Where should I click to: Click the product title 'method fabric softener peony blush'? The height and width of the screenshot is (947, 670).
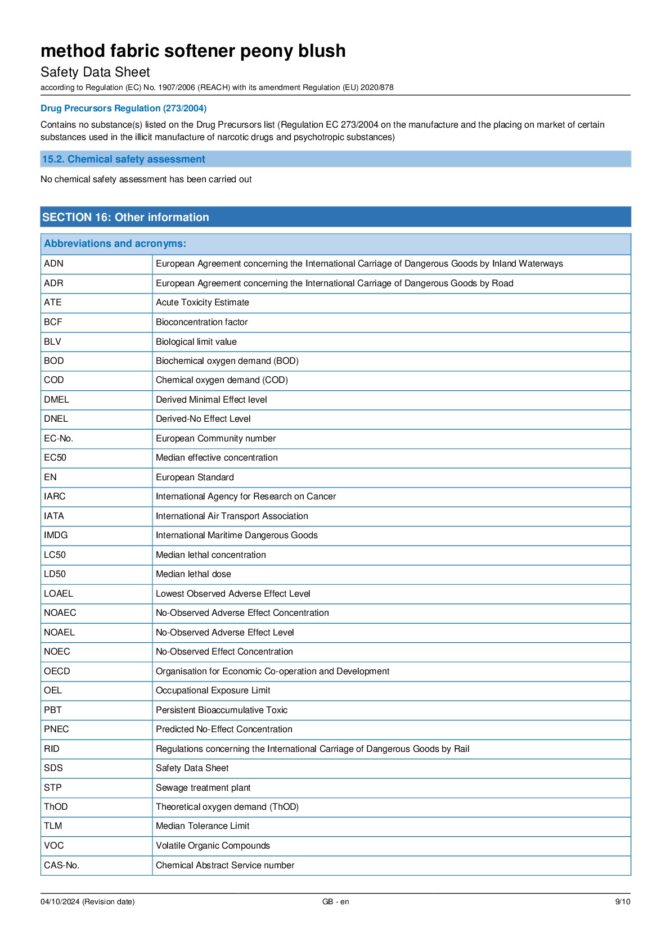pyautogui.click(x=193, y=51)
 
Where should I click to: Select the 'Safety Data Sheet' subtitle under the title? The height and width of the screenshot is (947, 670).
pyautogui.click(x=95, y=73)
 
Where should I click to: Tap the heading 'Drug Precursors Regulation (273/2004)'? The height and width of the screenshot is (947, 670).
pyautogui.click(x=123, y=109)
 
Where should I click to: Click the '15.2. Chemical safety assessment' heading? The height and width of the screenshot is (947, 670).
pyautogui.click(x=124, y=159)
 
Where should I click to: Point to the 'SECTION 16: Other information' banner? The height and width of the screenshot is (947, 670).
pyautogui.click(x=125, y=217)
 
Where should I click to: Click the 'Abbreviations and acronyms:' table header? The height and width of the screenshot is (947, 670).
pyautogui.click(x=115, y=243)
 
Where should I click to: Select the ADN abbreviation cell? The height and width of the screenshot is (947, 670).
pyautogui.click(x=54, y=264)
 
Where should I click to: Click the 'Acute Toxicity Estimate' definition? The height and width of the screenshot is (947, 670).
pyautogui.click(x=203, y=303)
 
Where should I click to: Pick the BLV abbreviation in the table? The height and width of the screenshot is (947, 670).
pyautogui.click(x=53, y=341)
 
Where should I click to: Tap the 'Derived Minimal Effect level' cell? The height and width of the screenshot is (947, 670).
pyautogui.click(x=212, y=400)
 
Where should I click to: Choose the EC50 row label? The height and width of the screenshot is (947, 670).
pyautogui.click(x=55, y=458)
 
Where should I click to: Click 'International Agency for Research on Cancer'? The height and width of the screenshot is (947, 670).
pyautogui.click(x=246, y=497)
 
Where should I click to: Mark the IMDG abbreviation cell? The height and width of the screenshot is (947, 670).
pyautogui.click(x=56, y=535)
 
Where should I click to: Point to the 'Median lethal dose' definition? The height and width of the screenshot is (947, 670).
pyautogui.click(x=194, y=574)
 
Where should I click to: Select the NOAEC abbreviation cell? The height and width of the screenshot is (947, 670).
pyautogui.click(x=60, y=613)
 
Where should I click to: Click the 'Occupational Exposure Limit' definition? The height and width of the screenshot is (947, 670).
pyautogui.click(x=213, y=691)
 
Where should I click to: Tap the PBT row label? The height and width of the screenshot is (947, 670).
pyautogui.click(x=53, y=710)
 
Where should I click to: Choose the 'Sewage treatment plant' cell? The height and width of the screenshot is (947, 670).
pyautogui.click(x=203, y=788)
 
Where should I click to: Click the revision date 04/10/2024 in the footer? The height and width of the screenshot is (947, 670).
pyautogui.click(x=87, y=902)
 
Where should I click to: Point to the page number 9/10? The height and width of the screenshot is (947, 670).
pyautogui.click(x=622, y=902)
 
